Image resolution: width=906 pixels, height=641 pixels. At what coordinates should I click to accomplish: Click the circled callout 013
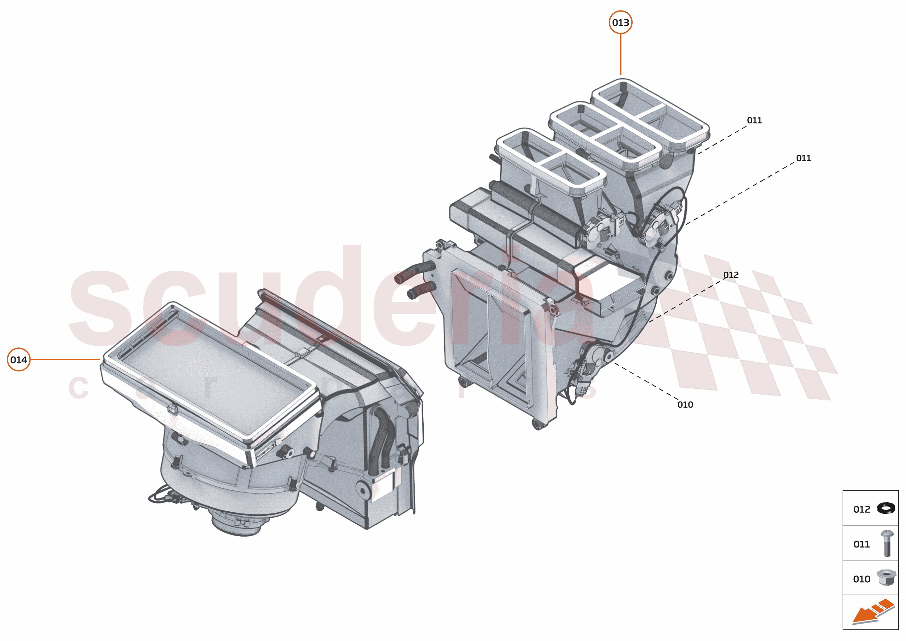620,22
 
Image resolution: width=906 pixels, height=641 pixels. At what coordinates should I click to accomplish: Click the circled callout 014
18,359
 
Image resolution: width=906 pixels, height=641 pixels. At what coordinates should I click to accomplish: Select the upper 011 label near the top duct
754,120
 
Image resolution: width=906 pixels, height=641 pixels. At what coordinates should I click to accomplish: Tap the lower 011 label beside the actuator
803,158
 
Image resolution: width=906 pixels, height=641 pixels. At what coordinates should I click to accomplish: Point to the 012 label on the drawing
731,275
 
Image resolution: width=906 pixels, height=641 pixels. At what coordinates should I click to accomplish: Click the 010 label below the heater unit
685,405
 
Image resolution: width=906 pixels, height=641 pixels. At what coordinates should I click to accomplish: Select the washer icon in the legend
886,508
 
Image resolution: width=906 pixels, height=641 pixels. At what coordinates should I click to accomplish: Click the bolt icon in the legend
887,544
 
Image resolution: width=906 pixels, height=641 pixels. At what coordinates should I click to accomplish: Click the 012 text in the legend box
861,509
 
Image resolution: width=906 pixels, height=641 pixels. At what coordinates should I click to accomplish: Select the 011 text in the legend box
861,544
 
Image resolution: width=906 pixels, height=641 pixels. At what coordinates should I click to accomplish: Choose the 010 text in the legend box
861,579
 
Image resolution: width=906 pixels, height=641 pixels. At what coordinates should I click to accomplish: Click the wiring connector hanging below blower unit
172,498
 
